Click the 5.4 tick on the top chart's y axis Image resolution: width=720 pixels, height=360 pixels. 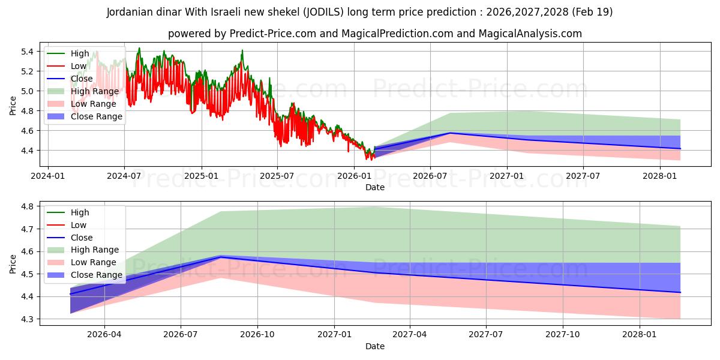[27, 52]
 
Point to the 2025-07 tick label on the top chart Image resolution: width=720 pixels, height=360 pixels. [277, 176]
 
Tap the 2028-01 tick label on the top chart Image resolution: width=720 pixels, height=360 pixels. [659, 176]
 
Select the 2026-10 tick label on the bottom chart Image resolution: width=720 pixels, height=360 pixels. [257, 334]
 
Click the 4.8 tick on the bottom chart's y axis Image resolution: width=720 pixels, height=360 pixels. [27, 206]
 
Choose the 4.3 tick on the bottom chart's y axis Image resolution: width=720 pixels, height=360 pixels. [27, 319]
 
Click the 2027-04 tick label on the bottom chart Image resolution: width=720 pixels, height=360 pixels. [409, 334]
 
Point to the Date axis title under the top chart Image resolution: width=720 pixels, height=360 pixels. [375, 187]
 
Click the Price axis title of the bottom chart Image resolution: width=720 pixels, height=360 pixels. [13, 264]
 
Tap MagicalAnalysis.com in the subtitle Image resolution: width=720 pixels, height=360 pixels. [530, 34]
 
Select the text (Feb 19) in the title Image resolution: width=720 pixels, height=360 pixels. [592, 12]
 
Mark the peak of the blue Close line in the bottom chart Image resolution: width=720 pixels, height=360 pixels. [221, 257]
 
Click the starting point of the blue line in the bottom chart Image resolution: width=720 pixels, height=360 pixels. [70, 294]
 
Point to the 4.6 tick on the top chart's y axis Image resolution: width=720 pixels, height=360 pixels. [27, 131]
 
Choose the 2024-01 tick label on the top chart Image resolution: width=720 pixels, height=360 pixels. [48, 176]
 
